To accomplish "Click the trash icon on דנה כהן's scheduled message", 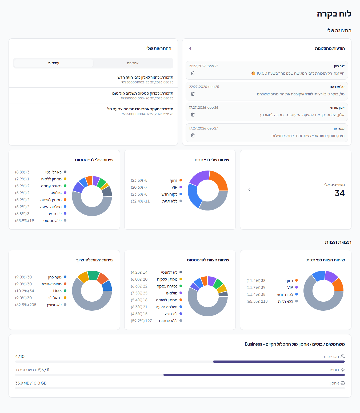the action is coord(193,73).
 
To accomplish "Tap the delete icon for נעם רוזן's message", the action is coord(193,135).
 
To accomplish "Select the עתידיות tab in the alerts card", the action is coord(54,63).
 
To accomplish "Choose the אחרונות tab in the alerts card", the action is coord(133,63).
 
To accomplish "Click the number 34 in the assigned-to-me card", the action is coord(339,193).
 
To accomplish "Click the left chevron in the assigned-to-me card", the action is coord(249,190).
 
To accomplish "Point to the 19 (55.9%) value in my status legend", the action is coord(25,221).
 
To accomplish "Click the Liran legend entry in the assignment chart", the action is coord(57,291).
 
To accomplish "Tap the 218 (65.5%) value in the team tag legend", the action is coord(257,301).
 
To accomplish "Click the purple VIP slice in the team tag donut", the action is coord(331,276).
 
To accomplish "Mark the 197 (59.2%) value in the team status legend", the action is coord(141,321).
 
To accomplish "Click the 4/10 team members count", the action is coord(20,357).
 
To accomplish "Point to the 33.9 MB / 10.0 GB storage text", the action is coord(31,383).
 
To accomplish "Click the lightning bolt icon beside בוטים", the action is coord(343,370).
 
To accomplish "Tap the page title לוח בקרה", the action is coord(334,14).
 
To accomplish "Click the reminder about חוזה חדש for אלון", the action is coord(145,77).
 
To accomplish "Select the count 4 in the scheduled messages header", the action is coord(190,48).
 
